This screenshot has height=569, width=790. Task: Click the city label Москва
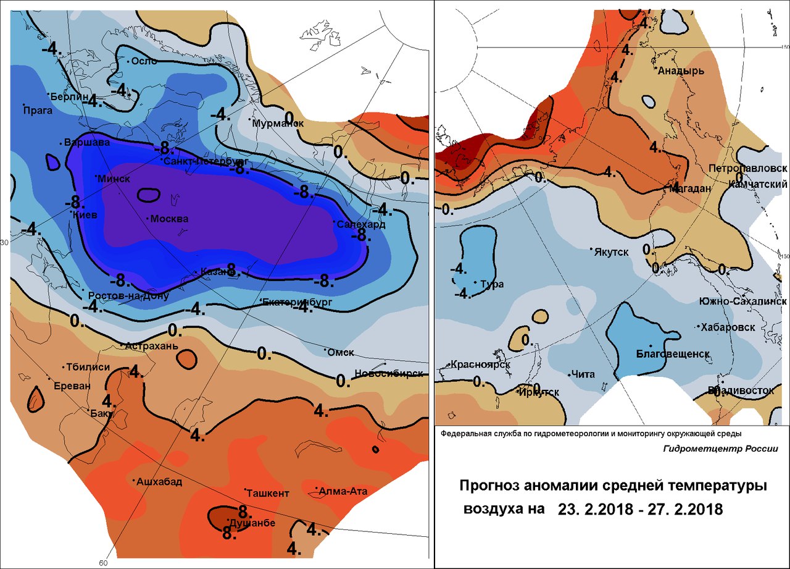click(170, 219)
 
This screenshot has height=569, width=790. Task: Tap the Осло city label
click(142, 61)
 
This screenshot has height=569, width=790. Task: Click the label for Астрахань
click(152, 347)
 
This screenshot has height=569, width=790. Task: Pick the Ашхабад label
click(159, 482)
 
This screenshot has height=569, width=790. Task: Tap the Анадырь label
click(681, 71)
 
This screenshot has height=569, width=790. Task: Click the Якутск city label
click(611, 252)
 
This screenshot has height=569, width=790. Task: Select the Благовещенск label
click(672, 354)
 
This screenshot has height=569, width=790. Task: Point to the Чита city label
click(583, 374)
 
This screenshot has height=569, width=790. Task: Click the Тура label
click(492, 284)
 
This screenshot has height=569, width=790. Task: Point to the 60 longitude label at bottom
click(103, 563)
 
